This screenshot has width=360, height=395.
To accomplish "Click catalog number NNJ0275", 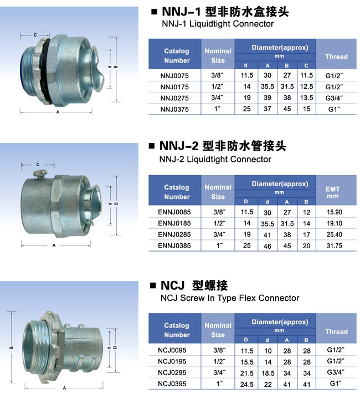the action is (x=174, y=98).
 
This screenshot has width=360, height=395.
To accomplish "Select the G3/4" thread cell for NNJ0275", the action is (x=334, y=98).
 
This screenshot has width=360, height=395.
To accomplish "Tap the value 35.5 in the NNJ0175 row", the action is (x=268, y=86).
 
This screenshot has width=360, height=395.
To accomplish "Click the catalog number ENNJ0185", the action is (x=174, y=223).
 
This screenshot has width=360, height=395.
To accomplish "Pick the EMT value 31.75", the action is (x=335, y=245).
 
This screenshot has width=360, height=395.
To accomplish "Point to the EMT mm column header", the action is (x=332, y=192).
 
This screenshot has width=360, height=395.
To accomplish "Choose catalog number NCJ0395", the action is (x=172, y=384).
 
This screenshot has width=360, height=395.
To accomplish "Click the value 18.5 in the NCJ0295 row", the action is (x=268, y=373).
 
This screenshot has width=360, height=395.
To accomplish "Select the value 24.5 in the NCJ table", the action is (x=246, y=384).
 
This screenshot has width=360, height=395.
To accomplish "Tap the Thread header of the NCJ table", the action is (x=336, y=331).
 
